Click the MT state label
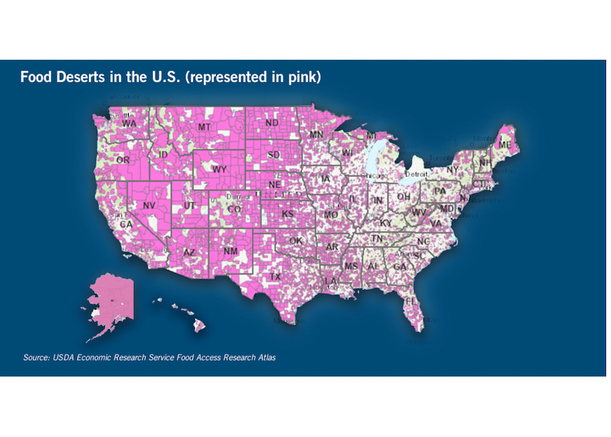[x=204, y=127]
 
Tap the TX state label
[x=276, y=277]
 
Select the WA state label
[x=129, y=124]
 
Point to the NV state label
[x=149, y=206]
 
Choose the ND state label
[x=272, y=123]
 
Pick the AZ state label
[x=189, y=252]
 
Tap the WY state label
[x=220, y=169]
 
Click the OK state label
[x=295, y=240]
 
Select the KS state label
[x=287, y=215]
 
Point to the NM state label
[x=231, y=251]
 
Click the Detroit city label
[x=416, y=175]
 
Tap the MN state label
[x=316, y=135]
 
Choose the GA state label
[x=399, y=267]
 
